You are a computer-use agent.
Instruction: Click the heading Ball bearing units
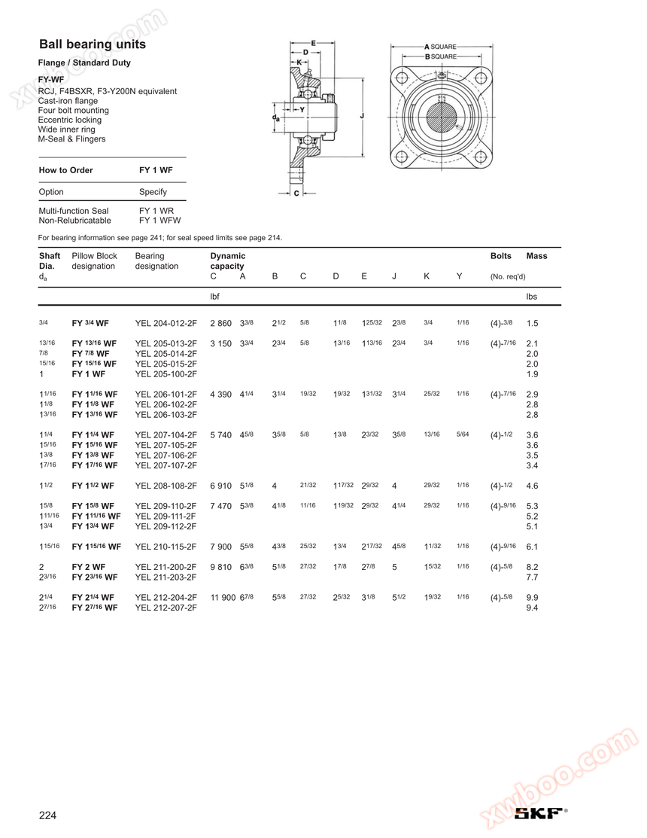tap(93, 44)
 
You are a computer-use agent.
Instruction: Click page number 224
tap(47, 815)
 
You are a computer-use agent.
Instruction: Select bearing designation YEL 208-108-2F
tap(166, 486)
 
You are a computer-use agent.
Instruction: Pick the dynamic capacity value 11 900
tap(223, 598)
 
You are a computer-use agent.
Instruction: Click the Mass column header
tap(536, 256)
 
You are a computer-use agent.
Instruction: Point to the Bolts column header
tap(501, 256)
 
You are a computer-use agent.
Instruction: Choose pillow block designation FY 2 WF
tap(89, 567)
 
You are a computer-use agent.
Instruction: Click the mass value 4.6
tap(532, 486)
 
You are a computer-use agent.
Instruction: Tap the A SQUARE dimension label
tap(440, 47)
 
